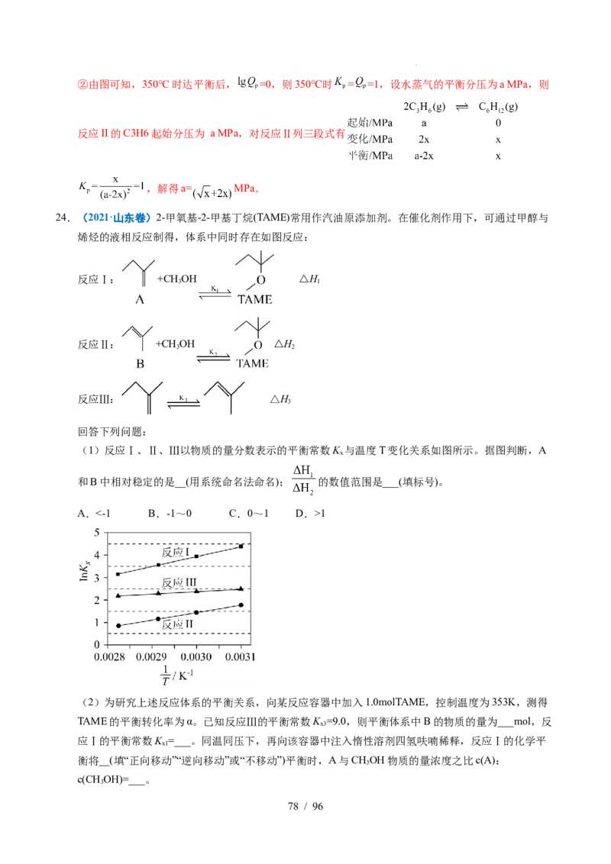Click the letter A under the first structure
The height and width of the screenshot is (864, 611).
click(x=140, y=300)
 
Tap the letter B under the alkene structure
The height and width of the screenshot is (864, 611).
click(x=140, y=364)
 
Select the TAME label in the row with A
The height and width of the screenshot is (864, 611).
click(x=254, y=300)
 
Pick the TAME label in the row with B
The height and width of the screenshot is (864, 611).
click(x=252, y=363)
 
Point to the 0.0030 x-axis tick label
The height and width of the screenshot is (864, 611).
click(x=196, y=656)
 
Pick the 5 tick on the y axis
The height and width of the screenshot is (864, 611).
click(x=96, y=533)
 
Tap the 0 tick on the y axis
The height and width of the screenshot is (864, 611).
click(x=96, y=645)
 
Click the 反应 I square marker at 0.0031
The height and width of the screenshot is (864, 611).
click(x=241, y=546)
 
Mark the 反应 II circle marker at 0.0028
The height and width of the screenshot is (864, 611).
click(x=118, y=626)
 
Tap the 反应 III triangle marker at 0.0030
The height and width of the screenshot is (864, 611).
click(x=196, y=591)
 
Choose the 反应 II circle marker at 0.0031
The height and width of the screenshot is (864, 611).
click(x=241, y=605)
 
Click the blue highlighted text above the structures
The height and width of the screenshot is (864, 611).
click(x=117, y=218)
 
